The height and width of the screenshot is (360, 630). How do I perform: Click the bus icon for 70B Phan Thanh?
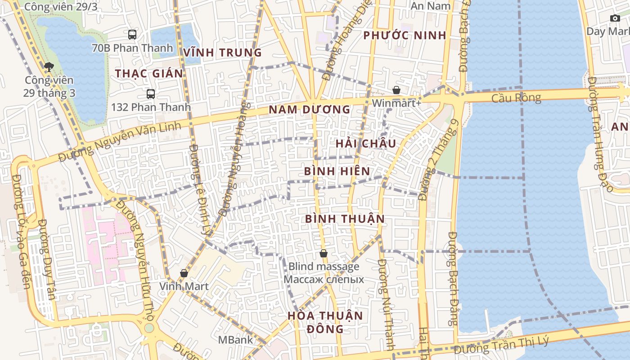[132, 35]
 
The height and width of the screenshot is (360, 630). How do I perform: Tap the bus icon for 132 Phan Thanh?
[151, 94]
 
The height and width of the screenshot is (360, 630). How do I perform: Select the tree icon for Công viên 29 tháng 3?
[49, 67]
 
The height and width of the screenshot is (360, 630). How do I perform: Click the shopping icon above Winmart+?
[396, 90]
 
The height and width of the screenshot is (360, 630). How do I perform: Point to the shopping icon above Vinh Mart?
[184, 273]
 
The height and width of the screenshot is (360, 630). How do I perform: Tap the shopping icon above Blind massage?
[323, 254]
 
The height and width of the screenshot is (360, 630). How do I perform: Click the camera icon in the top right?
[615, 18]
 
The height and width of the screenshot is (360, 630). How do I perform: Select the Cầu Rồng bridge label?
[516, 98]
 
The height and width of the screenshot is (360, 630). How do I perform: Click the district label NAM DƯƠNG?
[309, 109]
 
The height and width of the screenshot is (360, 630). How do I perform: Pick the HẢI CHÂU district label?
[366, 144]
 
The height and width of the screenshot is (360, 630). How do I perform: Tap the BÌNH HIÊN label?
[337, 171]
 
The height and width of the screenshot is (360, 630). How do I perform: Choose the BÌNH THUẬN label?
[345, 219]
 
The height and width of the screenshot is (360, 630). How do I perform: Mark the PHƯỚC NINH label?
[405, 36]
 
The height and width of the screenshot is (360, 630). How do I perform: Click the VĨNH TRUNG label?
[222, 53]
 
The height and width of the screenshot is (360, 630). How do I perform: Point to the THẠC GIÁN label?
[149, 73]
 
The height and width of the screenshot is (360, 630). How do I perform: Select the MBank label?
[236, 340]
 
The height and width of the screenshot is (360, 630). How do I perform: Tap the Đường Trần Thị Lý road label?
[501, 346]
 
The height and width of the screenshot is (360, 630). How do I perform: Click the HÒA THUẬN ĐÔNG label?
[325, 322]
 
